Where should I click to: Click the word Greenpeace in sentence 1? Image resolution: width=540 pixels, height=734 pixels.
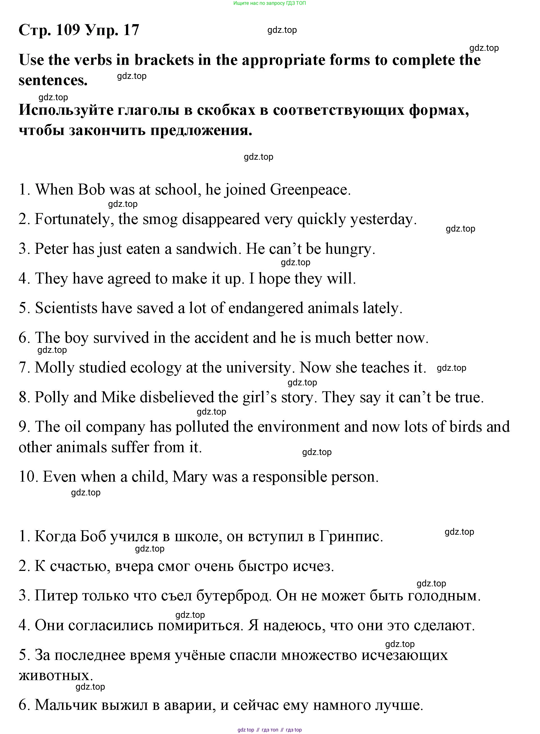coord(310,190)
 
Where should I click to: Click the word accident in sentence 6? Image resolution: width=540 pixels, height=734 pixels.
coord(221,338)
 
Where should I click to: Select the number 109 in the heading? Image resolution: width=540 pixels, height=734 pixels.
coord(68,30)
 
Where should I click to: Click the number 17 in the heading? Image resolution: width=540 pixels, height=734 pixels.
coord(131,30)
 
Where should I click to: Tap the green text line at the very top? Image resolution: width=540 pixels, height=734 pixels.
coord(270,3)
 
